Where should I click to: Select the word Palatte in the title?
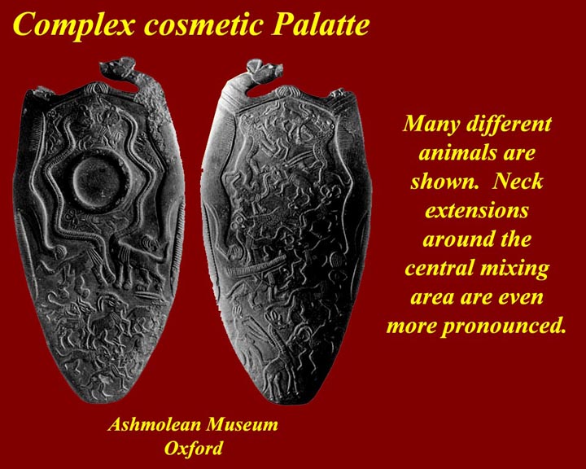click(x=321, y=24)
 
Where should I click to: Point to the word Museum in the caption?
click(x=243, y=425)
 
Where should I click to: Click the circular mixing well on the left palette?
click(x=98, y=177)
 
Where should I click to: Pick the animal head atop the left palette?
click(x=116, y=68)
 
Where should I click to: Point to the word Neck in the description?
click(x=518, y=182)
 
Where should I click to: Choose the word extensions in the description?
click(x=476, y=211)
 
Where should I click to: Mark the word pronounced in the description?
click(x=503, y=327)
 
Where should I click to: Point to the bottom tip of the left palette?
click(x=98, y=402)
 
